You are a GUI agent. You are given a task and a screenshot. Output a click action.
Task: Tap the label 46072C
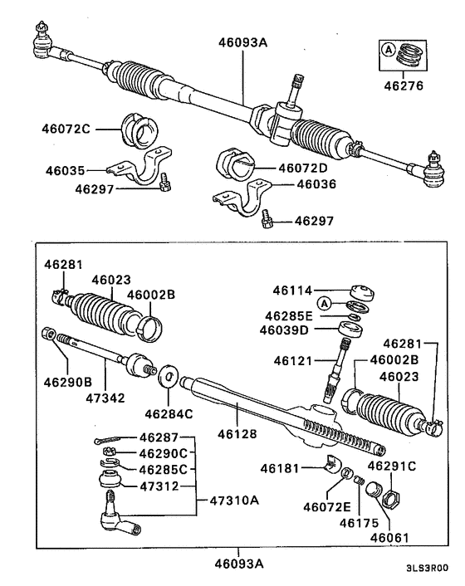tap(67, 129)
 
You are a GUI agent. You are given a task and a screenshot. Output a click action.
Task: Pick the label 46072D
tap(305, 167)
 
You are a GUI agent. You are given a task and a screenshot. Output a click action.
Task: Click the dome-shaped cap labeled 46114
tap(364, 292)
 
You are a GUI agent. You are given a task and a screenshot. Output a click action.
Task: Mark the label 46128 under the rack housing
tap(237, 433)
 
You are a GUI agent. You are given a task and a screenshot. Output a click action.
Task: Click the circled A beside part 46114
tap(325, 302)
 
